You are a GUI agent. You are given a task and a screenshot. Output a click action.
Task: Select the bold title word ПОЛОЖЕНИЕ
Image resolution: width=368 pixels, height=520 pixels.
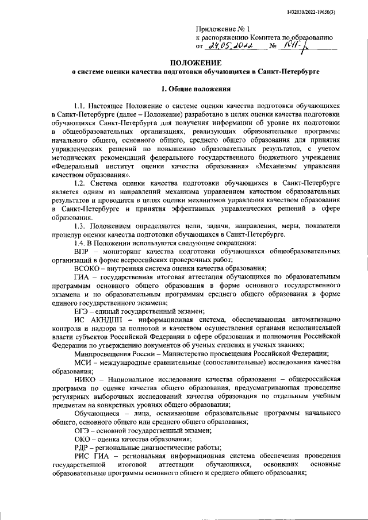(195, 62)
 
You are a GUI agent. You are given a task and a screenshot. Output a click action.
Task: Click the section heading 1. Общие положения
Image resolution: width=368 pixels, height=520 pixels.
(195, 89)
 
